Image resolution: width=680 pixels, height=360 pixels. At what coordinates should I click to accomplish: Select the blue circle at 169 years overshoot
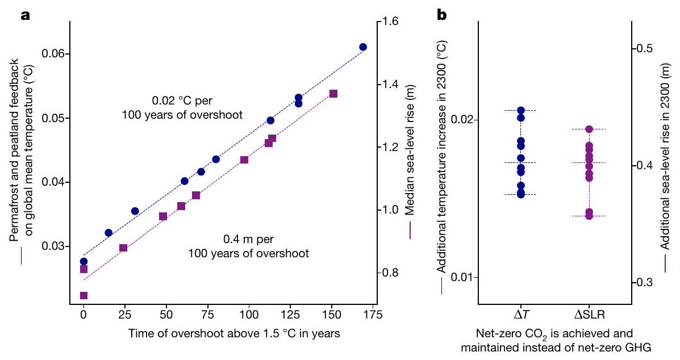[x=363, y=47]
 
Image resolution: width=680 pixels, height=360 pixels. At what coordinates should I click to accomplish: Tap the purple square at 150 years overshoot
[x=333, y=93]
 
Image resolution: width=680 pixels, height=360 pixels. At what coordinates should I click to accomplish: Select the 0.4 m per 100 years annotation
[x=248, y=246]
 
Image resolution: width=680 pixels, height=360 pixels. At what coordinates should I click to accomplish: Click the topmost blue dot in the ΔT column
[x=521, y=110]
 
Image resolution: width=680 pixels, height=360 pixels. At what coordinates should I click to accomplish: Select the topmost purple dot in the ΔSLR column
[x=589, y=129]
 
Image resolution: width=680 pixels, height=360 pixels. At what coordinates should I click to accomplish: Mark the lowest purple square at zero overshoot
[x=84, y=295]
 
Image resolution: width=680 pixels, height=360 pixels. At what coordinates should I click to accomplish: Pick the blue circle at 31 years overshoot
[x=135, y=211]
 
